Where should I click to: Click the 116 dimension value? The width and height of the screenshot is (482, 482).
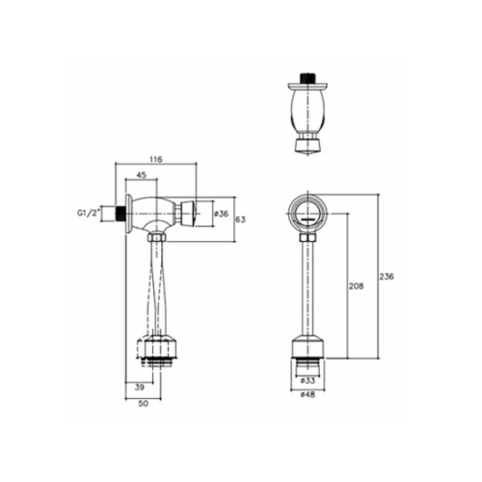[x=156, y=159]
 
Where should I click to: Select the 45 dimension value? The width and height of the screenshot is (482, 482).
[x=142, y=174]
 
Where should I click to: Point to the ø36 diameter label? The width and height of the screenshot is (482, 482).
[x=221, y=213]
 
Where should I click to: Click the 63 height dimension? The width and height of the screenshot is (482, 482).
[x=241, y=220]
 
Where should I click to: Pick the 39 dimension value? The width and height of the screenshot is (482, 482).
[x=139, y=388]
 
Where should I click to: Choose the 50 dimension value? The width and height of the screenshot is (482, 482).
[x=144, y=404]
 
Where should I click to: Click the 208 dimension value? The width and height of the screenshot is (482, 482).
[x=357, y=285]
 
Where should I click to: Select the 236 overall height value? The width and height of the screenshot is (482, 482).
[x=387, y=276]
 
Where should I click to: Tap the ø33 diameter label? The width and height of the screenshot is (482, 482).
[x=308, y=381]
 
